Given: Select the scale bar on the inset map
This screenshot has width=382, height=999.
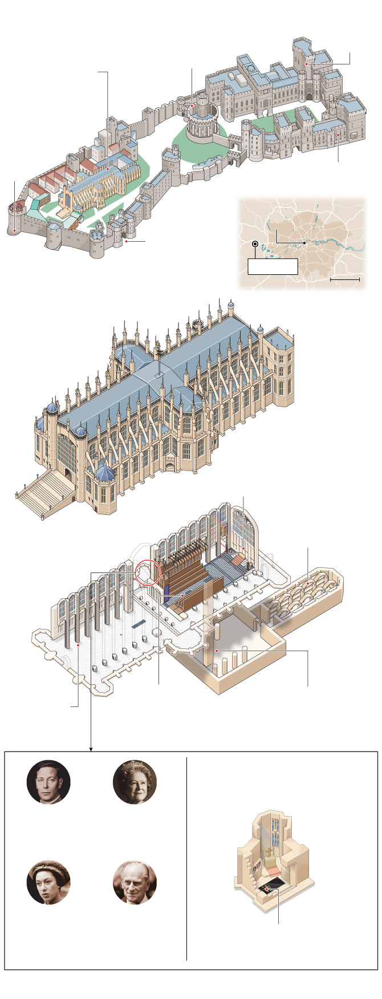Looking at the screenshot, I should (344, 280).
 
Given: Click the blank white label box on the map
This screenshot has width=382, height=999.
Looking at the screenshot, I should (273, 266).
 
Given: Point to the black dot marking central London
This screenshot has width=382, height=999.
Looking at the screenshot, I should (305, 243).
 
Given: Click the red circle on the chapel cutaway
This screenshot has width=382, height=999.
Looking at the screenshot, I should (147, 573).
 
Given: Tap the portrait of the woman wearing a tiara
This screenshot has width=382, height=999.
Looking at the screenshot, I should (135, 782).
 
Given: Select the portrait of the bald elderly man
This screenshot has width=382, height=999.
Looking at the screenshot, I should (135, 882).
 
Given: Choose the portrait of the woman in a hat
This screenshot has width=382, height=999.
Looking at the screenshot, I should (49, 882).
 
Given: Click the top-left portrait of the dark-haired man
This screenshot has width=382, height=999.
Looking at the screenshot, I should (49, 782).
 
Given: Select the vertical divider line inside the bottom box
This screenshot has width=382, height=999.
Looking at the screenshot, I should (186, 855).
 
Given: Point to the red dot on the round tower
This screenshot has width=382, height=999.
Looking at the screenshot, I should (193, 105).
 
